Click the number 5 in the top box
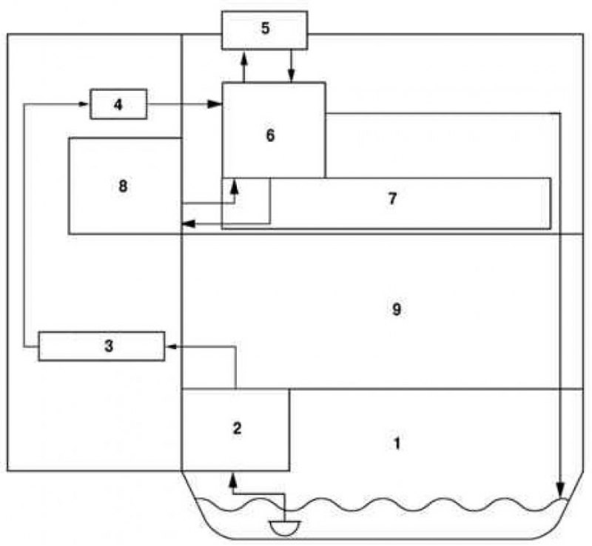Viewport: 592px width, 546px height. pyautogui.click(x=266, y=28)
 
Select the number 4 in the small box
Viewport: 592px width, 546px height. pyautogui.click(x=118, y=104)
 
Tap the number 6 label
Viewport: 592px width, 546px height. pyautogui.click(x=270, y=135)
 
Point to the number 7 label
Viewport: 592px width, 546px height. pyautogui.click(x=393, y=198)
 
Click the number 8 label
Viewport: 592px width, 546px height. pyautogui.click(x=123, y=186)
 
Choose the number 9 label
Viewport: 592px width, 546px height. pyautogui.click(x=397, y=309)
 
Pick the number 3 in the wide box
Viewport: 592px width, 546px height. pyautogui.click(x=109, y=346)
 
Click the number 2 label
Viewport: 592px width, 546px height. pyautogui.click(x=237, y=428)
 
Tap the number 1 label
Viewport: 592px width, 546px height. pyautogui.click(x=397, y=443)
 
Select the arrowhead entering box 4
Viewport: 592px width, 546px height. pyautogui.click(x=84, y=104)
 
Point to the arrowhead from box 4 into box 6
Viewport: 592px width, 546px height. pyautogui.click(x=215, y=104)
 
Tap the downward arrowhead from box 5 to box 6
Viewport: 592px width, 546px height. pyautogui.click(x=291, y=75)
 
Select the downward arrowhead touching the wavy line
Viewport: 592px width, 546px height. pyautogui.click(x=561, y=491)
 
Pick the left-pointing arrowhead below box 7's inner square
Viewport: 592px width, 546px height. pyautogui.click(x=189, y=224)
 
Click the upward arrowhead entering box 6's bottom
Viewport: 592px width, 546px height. pyautogui.click(x=235, y=185)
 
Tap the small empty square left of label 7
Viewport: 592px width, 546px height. pyautogui.click(x=246, y=201)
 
